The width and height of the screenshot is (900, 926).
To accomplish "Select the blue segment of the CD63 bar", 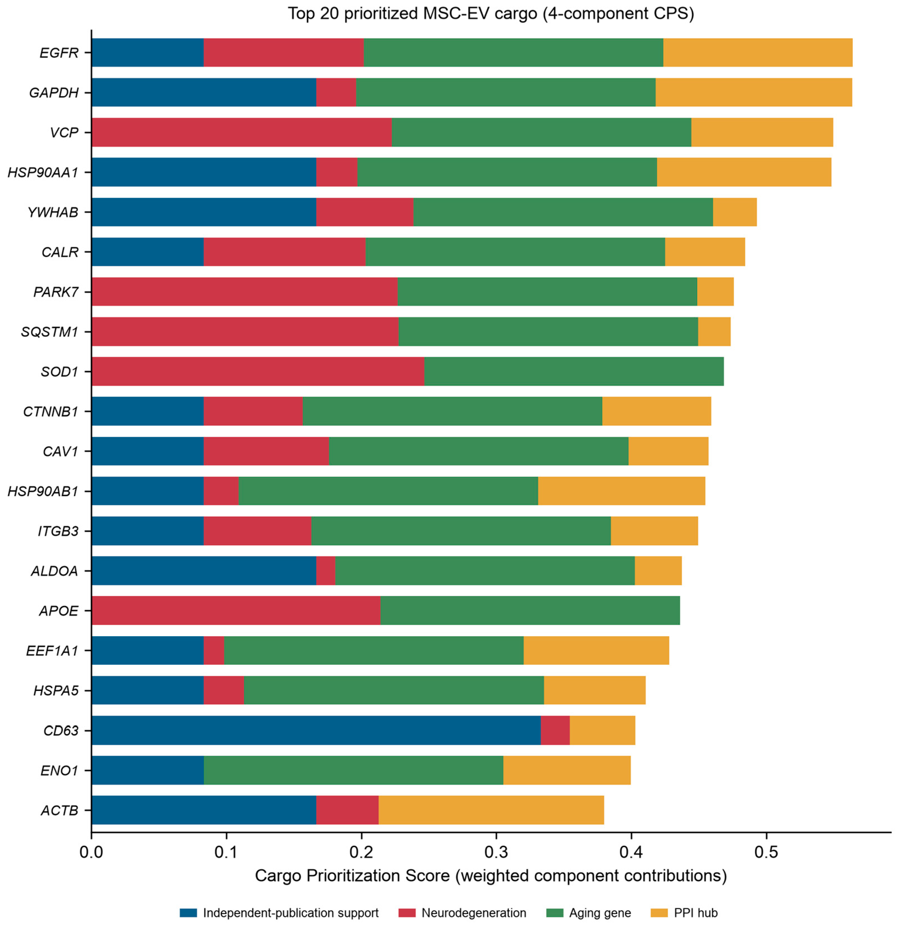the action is [316, 730].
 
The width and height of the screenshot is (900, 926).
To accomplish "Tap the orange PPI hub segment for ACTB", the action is [491, 810].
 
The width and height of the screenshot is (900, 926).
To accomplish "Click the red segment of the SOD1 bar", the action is [258, 371].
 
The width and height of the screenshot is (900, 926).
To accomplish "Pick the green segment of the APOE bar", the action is [530, 611].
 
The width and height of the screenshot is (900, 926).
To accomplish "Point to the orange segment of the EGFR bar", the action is [758, 52].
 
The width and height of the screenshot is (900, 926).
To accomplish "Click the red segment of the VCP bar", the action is [242, 132].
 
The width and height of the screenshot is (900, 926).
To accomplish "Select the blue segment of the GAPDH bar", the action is [204, 92].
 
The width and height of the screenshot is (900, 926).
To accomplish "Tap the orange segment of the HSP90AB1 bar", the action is [621, 491].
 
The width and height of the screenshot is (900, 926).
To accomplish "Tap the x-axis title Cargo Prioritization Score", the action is [491, 876].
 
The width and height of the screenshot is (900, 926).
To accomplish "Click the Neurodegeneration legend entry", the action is [462, 913].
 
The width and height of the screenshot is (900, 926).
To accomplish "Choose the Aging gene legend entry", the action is [589, 913].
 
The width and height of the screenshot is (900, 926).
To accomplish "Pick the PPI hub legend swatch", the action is [659, 913].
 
